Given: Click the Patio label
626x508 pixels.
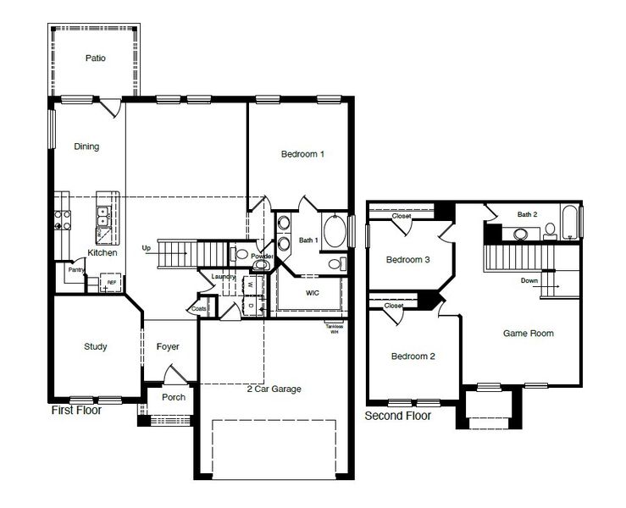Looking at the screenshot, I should (95, 58).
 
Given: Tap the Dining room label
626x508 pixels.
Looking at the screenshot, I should (86, 146).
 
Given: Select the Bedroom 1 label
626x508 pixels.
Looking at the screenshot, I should (302, 154).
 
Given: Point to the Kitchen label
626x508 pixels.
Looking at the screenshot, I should (102, 253).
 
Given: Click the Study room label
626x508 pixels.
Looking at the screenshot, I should (95, 346).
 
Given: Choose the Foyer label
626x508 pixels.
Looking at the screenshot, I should (168, 346).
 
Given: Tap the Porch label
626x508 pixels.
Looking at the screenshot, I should (174, 397).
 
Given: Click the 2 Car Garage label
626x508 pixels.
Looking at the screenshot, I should (274, 389).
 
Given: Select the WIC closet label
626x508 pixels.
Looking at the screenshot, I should (312, 292).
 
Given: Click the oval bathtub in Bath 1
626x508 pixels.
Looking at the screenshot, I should (335, 233).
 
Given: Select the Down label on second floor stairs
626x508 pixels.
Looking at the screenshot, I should (529, 280).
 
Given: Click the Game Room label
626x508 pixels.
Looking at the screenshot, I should (529, 334).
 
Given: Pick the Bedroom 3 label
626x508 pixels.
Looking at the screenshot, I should (408, 260).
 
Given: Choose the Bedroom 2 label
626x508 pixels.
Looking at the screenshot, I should (413, 356).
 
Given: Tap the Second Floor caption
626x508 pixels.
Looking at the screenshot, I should (397, 416).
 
